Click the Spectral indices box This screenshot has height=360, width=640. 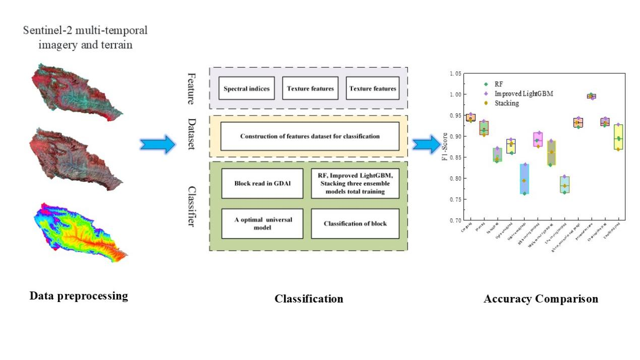pos(247,89)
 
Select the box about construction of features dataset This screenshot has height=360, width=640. pos(310,136)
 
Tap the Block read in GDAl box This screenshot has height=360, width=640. pos(262,183)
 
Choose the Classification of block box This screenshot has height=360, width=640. pos(355,223)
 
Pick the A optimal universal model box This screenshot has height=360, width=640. pos(262,223)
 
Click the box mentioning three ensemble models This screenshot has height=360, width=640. pos(355,183)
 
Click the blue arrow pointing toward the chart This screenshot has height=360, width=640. pos(426,144)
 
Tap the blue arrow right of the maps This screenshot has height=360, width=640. pos(157,145)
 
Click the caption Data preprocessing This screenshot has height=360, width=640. pos(79,296)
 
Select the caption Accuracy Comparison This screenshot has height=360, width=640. pos(541,298)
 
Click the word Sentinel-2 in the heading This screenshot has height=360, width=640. pos(48,30)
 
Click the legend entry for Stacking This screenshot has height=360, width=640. pos(506,103)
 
